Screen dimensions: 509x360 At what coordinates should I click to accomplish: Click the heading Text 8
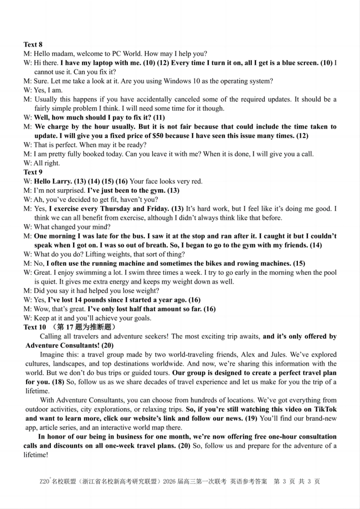(33, 45)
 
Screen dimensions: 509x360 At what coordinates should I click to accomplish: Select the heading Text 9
(33, 172)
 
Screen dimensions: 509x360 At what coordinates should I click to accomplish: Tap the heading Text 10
(34, 327)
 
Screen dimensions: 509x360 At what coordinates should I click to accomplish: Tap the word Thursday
(116, 209)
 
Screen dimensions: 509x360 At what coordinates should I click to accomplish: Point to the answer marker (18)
(57, 382)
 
